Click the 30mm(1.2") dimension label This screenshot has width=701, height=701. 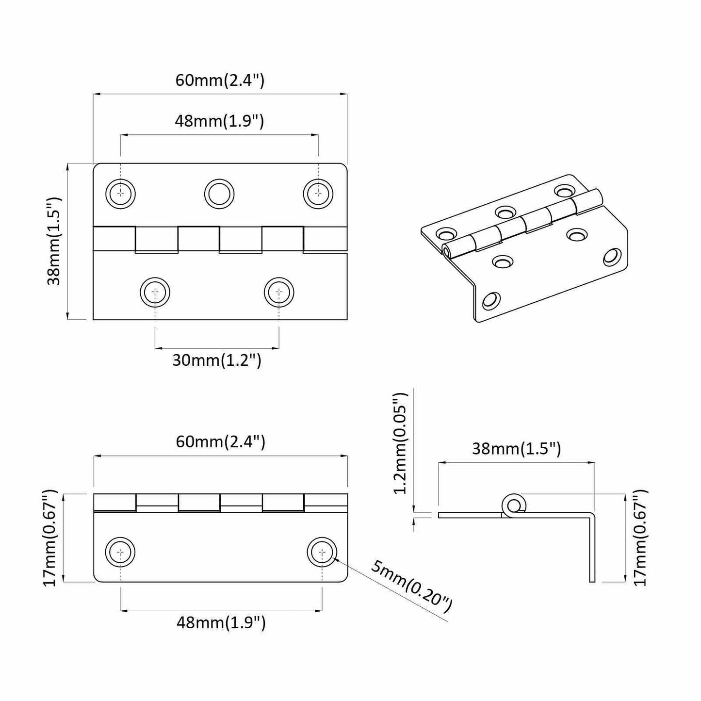217,360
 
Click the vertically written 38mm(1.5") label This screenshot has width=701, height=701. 55,241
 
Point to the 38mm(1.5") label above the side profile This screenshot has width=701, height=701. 517,449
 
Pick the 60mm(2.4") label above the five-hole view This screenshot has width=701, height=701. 220,80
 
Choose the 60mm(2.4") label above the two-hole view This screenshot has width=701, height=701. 220,442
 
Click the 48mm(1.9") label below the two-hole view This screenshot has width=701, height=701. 221,623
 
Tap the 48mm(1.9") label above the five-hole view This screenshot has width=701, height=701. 219,121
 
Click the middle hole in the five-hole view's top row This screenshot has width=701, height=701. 219,194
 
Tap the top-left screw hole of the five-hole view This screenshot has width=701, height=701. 120,194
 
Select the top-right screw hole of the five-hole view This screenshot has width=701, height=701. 318,194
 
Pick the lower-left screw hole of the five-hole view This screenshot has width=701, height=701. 155,292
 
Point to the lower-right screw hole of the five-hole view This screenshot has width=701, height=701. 279,292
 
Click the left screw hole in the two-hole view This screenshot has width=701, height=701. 120,552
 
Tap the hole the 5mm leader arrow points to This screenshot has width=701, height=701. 322,552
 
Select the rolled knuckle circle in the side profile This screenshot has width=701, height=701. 513,505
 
